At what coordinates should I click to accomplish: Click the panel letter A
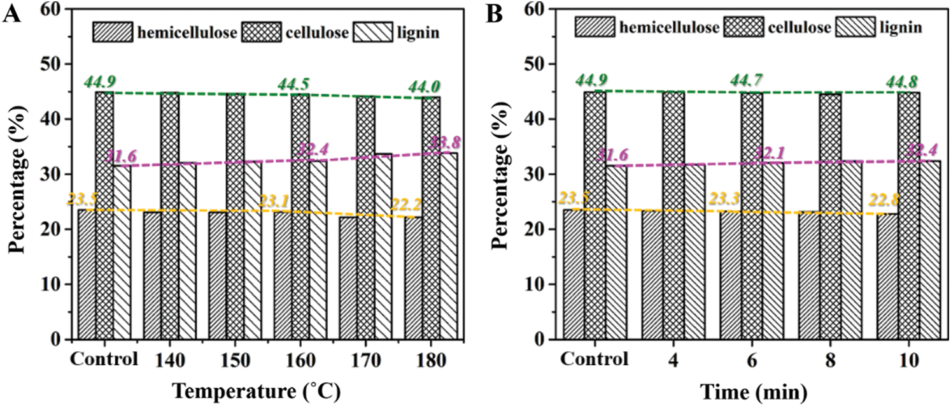pyautogui.click(x=12, y=14)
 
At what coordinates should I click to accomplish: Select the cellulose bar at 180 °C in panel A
pyautogui.click(x=431, y=217)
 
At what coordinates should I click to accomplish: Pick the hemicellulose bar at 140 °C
pyautogui.click(x=151, y=275)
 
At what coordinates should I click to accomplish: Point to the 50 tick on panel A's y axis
pyautogui.click(x=54, y=64)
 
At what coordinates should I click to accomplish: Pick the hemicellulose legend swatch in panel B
pyautogui.click(x=595, y=27)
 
